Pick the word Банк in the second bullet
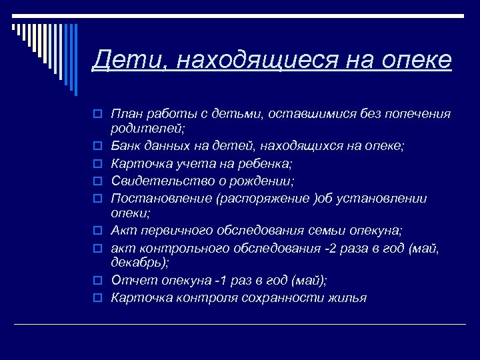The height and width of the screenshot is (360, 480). tap(125, 145)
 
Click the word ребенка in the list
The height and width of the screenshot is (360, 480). tap(267, 163)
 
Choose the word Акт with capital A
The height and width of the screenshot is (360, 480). tap(122, 231)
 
